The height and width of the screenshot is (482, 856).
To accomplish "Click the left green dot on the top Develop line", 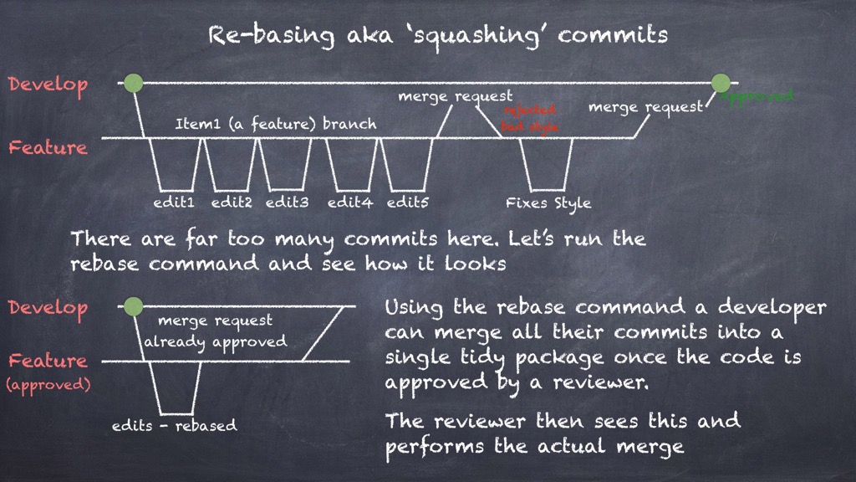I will [x=133, y=83].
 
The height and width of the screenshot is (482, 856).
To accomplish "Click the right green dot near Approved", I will [x=721, y=83].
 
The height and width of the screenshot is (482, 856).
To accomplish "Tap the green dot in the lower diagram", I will [x=131, y=306].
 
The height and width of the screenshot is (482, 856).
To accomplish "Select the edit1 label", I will [x=174, y=203].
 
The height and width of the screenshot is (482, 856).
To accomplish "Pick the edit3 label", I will [x=287, y=203].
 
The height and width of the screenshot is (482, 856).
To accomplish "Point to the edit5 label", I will [x=408, y=203].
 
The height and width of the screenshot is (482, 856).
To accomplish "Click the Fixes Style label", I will [x=548, y=203].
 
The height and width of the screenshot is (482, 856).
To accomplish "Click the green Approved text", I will [x=757, y=96].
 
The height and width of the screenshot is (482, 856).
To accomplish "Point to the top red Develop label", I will [x=48, y=85].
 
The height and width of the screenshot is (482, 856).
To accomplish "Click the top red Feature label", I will [x=48, y=148].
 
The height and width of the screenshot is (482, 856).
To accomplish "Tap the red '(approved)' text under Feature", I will [x=48, y=386].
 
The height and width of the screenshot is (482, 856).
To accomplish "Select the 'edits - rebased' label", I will [x=174, y=425].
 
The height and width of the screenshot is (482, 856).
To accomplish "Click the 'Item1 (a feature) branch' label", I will [x=275, y=124].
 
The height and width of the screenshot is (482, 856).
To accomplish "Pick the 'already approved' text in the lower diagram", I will [x=215, y=341].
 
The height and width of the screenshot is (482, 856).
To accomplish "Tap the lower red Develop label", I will [x=48, y=308].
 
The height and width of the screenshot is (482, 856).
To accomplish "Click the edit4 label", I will [x=349, y=203].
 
